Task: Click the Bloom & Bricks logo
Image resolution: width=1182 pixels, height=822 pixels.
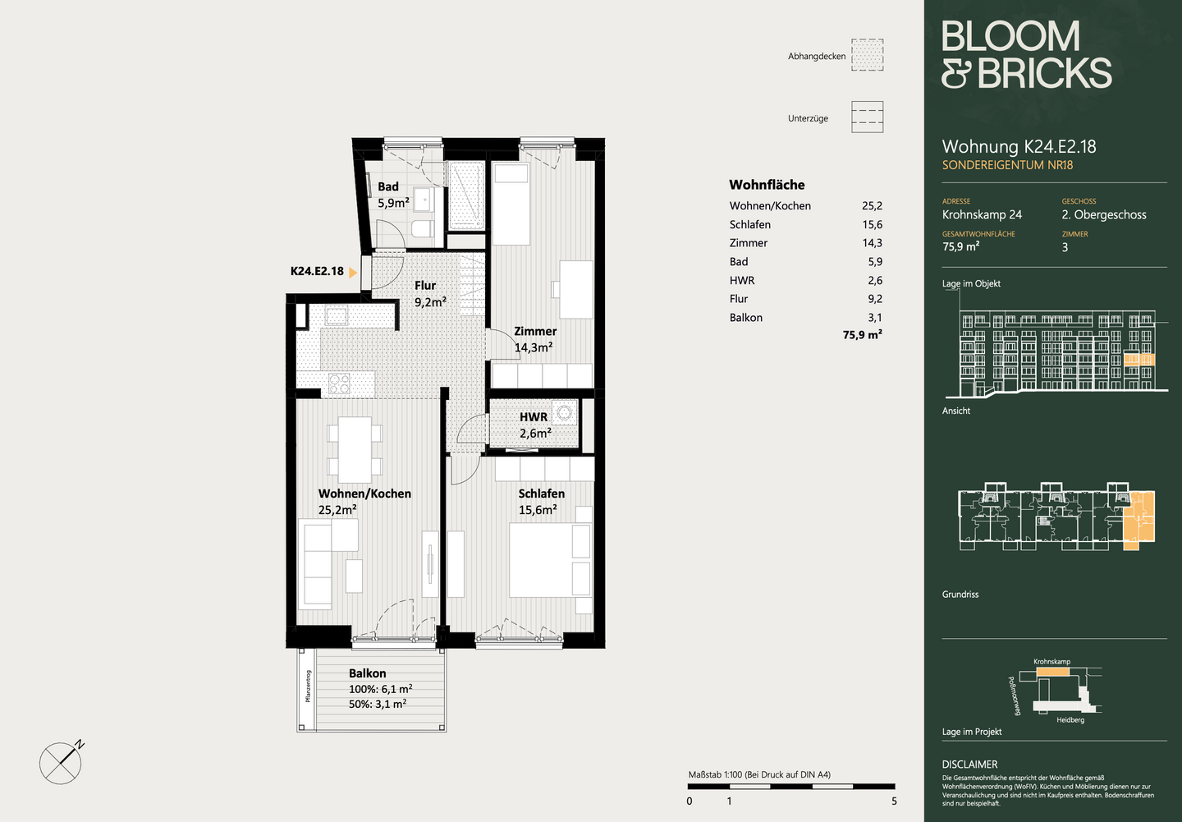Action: (1026, 54)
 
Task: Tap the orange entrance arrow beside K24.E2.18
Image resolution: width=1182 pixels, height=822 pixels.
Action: (353, 273)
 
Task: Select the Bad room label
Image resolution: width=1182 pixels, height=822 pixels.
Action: (388, 187)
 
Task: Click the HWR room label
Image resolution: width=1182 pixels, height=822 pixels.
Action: (534, 417)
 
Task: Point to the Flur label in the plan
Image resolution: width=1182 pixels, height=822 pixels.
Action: (425, 286)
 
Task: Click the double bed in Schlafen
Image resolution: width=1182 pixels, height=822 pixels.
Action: (550, 559)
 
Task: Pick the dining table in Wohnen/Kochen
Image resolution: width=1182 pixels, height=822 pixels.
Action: (355, 450)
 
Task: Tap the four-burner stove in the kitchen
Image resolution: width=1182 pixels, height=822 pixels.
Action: (339, 383)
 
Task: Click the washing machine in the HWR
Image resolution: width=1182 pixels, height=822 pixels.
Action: (565, 411)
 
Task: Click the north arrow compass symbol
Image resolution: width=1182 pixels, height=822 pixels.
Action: (62, 762)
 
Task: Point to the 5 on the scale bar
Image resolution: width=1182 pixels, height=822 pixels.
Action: (894, 801)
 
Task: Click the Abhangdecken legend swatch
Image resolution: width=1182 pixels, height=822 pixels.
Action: (867, 55)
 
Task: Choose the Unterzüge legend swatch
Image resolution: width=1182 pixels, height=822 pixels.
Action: (867, 117)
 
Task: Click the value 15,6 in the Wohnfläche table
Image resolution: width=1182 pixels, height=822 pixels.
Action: (873, 225)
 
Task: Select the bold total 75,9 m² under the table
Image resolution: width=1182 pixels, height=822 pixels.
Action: (862, 335)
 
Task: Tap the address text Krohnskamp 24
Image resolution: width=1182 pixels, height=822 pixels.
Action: (982, 215)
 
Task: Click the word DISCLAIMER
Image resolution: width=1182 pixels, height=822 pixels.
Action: (970, 765)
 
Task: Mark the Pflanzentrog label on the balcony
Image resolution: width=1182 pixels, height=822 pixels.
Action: (308, 687)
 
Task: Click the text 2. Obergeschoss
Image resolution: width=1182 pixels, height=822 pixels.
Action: (1104, 215)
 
